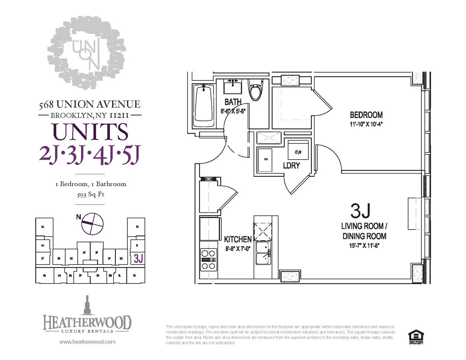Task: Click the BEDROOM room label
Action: (366, 115)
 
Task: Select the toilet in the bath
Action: (256, 90)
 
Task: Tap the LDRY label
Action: (291, 166)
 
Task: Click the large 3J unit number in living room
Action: (361, 211)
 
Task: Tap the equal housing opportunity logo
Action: (416, 337)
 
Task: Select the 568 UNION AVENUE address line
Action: (90, 104)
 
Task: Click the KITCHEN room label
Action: (238, 240)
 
